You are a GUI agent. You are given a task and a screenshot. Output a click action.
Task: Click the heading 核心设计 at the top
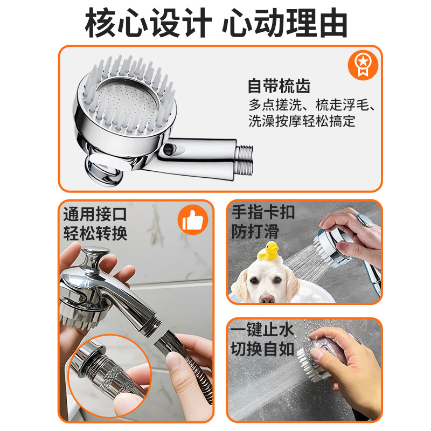tap(149, 23)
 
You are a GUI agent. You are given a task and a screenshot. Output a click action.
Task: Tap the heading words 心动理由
tap(285, 23)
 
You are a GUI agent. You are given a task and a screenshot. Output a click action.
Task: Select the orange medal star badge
tap(363, 65)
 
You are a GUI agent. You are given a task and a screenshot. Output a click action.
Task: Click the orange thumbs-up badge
tap(193, 220)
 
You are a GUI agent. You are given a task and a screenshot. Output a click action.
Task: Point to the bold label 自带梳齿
tap(279, 86)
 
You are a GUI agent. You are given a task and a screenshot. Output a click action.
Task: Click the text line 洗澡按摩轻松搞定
tap(302, 121)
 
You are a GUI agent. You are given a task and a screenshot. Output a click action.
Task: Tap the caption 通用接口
tap(95, 214)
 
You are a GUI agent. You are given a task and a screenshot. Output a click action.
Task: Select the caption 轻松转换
tap(95, 233)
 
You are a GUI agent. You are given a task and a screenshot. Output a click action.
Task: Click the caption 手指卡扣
tap(263, 212)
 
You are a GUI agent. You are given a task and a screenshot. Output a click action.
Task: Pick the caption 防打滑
tap(255, 231)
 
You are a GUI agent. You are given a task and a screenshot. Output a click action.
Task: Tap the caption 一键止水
tap(262, 330)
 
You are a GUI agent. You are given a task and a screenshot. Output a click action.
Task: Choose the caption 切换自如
tap(262, 349)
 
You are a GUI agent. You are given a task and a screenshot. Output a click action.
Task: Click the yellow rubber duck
tap(268, 251)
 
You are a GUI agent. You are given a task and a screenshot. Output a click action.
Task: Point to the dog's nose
tap(266, 298)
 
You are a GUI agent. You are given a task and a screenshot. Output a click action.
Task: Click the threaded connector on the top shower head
tap(244, 160)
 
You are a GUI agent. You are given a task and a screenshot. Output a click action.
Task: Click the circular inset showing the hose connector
tap(110, 376)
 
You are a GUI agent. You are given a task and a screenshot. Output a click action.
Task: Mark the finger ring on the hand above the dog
tap(366, 221)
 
